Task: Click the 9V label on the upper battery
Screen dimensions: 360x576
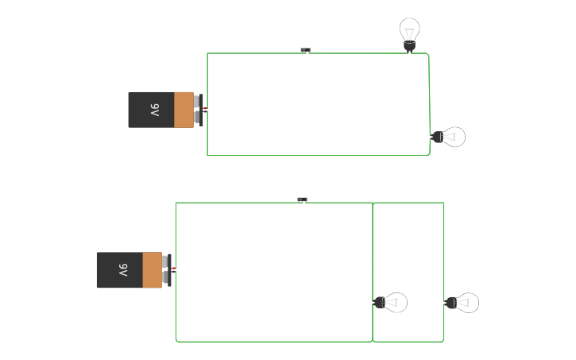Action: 155,110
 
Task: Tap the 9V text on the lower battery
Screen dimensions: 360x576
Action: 123,270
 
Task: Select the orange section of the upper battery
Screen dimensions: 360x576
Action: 184,110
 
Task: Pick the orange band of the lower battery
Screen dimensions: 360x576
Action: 152,270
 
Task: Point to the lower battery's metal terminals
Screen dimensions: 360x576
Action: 166,270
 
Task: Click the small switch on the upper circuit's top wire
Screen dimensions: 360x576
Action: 305,50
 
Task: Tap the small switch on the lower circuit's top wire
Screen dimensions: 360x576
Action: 302,199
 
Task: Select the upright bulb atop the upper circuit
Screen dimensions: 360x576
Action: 409,32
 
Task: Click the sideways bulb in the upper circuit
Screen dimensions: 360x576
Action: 450,137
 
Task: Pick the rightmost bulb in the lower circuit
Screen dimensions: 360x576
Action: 464,303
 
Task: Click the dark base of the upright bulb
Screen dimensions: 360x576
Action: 409,47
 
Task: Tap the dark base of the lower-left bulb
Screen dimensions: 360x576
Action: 379,303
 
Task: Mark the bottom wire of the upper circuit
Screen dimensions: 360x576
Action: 318,156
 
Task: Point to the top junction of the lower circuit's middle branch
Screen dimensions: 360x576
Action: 373,203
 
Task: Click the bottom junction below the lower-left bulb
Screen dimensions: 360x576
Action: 373,342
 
